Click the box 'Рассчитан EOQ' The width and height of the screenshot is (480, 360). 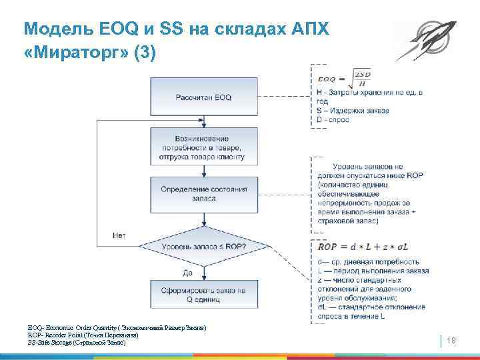(x=203, y=97)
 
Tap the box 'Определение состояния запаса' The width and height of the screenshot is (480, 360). (x=203, y=194)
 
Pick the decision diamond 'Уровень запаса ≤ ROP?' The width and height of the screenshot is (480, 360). (x=203, y=247)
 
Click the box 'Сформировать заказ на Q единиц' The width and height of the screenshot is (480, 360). (x=203, y=295)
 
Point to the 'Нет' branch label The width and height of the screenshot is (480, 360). (x=119, y=235)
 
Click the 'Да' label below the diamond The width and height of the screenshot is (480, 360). (x=189, y=272)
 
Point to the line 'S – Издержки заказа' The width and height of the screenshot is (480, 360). (x=353, y=110)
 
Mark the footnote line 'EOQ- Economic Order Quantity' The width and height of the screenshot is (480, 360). (x=117, y=328)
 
